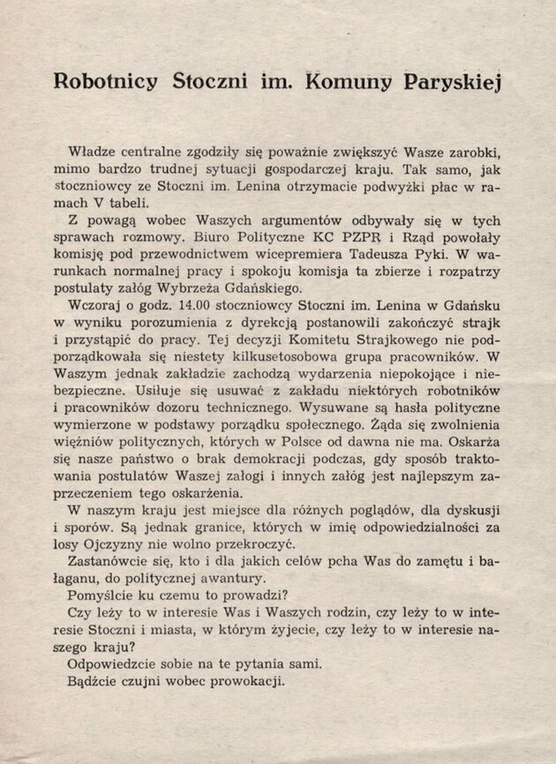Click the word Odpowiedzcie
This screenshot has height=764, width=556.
(x=114, y=664)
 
